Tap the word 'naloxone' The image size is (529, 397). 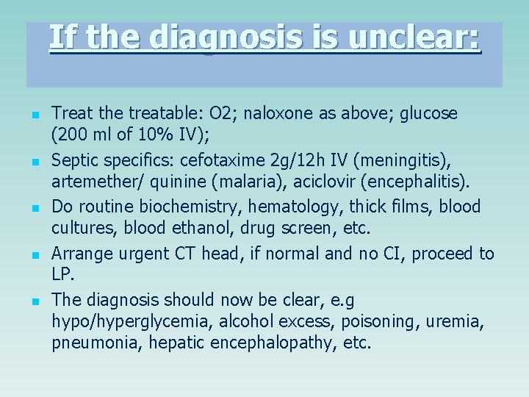point(275,114)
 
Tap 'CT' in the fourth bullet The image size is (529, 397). point(184,254)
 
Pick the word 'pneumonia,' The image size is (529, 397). point(94,343)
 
